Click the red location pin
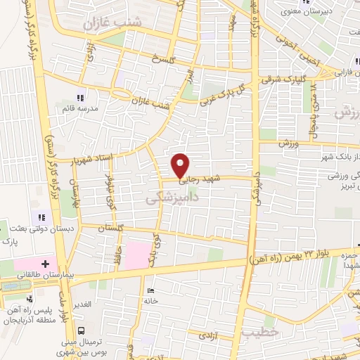point(181,165)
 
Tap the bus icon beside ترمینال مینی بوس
point(82,330)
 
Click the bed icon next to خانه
point(150,290)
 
